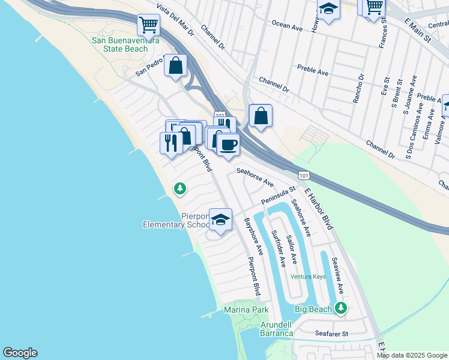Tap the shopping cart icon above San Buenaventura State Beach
coord(148,25)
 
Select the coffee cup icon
coord(228,145)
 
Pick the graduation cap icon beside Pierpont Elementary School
coord(220,220)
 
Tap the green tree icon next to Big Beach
coord(341,308)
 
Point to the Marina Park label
coord(246,310)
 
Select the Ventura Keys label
coord(308,277)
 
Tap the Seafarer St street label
coord(332,332)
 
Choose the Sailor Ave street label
coord(291,249)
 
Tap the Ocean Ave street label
coord(288,26)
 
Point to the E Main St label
coord(418,30)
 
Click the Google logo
coord(20,353)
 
